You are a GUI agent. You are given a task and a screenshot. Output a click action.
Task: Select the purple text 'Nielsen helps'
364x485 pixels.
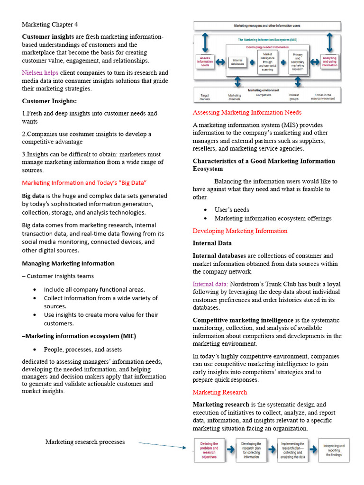pos(40,73)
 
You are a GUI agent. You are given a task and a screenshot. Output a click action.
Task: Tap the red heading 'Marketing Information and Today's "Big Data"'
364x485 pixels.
pos(84,183)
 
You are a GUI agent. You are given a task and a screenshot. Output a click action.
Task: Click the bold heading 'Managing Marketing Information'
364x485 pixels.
pos(68,263)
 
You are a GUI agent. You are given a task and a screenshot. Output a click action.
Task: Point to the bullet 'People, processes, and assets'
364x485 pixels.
pos(82,350)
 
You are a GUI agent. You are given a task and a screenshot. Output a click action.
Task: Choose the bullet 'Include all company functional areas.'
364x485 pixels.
pos(94,289)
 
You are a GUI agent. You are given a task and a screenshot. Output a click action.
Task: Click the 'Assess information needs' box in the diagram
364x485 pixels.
pos(205,62)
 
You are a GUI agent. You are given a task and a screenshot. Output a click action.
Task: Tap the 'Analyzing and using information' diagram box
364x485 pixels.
pos(329,62)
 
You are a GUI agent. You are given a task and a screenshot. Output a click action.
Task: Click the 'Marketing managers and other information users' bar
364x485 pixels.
pos(267,26)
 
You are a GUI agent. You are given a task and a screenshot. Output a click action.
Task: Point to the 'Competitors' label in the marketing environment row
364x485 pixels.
pos(264,95)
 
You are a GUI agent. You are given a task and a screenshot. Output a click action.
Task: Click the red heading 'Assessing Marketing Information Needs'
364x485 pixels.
pos(247,113)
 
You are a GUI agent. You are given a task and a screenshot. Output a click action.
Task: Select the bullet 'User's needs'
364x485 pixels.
pos(231,210)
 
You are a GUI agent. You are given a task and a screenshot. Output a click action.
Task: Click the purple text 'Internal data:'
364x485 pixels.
pos(210,284)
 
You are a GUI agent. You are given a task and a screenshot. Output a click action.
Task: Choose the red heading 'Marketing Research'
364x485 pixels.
pos(219,392)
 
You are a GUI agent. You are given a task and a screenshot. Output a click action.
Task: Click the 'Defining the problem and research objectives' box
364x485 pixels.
pos(209,450)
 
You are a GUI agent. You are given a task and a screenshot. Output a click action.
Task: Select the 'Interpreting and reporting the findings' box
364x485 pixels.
pos(334,450)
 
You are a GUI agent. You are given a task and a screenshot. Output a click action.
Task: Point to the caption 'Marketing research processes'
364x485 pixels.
pos(85,442)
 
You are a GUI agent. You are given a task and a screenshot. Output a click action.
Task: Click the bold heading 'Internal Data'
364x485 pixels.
pos(212,243)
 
